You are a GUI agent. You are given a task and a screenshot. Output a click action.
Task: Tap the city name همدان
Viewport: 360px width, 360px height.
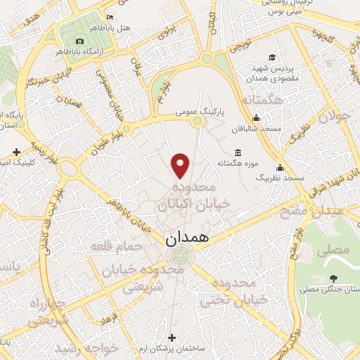click(188, 238)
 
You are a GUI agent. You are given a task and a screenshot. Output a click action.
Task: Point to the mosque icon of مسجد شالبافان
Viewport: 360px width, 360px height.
click(256, 117)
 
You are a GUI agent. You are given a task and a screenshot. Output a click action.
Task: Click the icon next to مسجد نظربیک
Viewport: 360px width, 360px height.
click(280, 167)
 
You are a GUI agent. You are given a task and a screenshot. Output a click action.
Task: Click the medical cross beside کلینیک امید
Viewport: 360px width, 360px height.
click(17, 151)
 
